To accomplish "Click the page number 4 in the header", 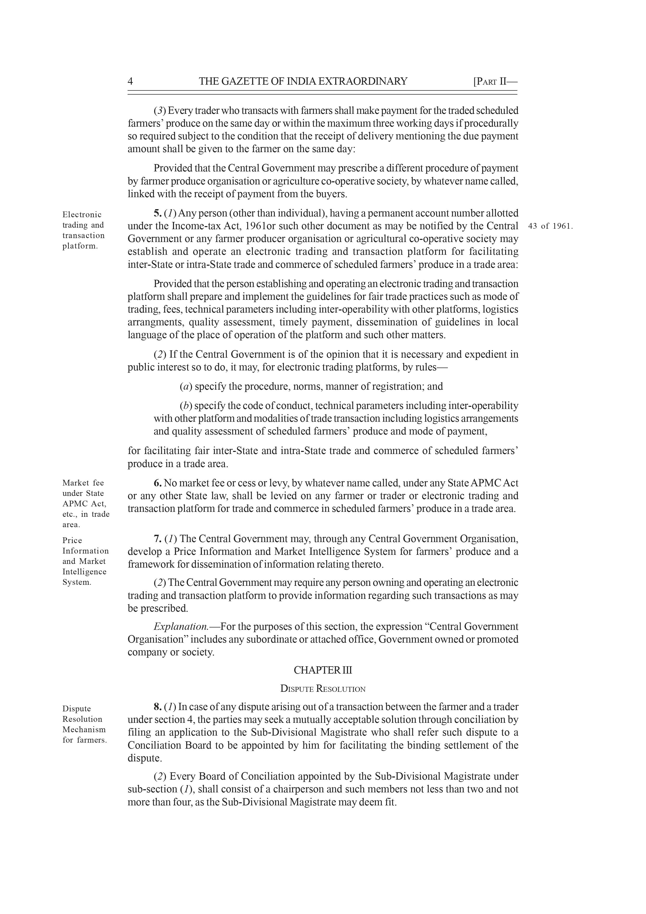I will click(130, 82).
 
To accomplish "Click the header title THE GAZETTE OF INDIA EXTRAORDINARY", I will click(303, 82).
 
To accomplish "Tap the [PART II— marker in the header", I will click(495, 82).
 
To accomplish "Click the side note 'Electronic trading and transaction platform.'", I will click(83, 230).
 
